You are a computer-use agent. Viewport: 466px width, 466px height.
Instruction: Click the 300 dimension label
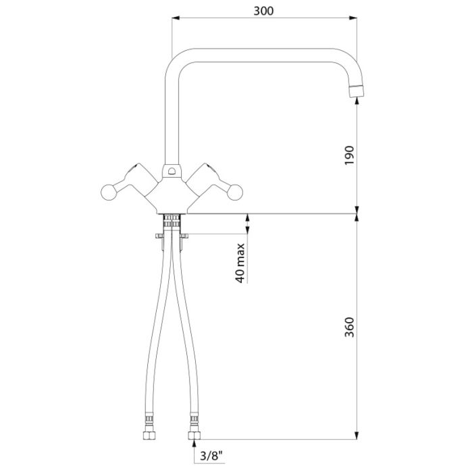(263, 11)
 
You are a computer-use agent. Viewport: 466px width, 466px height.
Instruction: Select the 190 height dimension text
(350, 155)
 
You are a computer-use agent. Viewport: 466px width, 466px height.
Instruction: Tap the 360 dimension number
(350, 327)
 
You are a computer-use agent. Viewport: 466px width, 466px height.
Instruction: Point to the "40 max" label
(240, 263)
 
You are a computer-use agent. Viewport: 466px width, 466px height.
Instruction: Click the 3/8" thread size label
(211, 456)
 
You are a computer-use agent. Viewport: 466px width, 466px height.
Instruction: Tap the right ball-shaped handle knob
(235, 192)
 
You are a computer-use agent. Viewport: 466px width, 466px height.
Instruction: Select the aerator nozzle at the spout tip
(357, 91)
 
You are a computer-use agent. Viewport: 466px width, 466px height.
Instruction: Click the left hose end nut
(149, 436)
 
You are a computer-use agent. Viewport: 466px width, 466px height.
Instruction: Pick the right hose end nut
(195, 436)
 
